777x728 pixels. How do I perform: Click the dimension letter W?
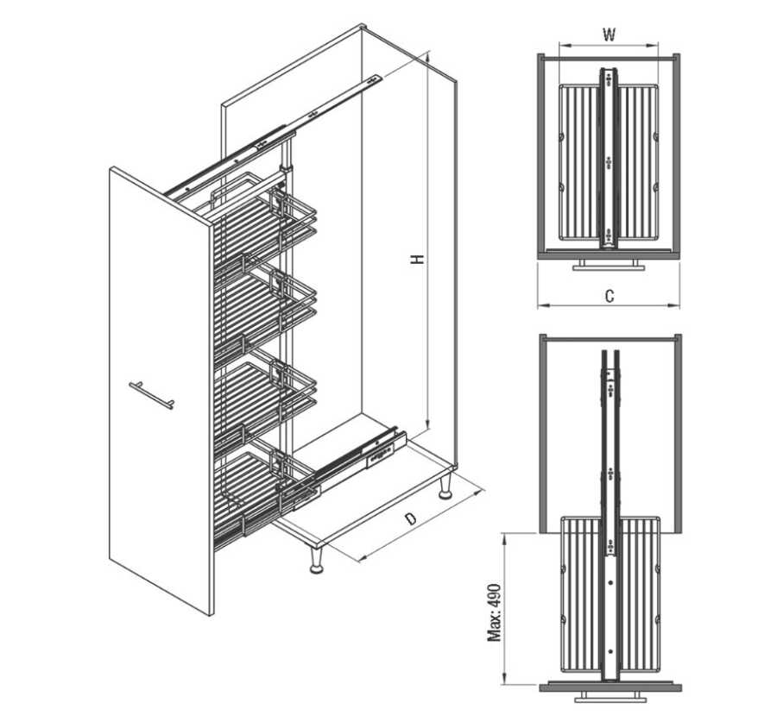coord(609,35)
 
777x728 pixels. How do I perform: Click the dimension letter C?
coord(610,296)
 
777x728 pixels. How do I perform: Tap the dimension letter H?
coord(418,259)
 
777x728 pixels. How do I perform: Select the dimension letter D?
coord(410,518)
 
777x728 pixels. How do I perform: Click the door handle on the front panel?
coord(152,395)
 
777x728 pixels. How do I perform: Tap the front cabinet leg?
coord(316,560)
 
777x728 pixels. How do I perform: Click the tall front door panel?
coord(161,392)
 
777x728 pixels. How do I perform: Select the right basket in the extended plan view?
coord(641,594)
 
